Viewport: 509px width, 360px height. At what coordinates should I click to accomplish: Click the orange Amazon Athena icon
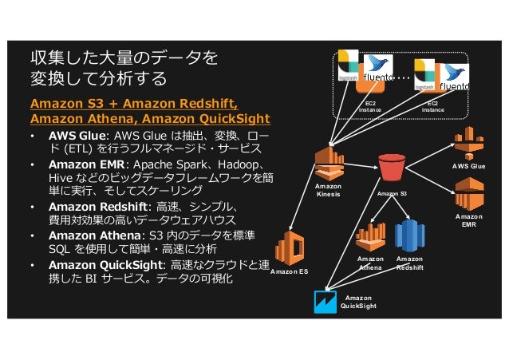(x=370, y=235)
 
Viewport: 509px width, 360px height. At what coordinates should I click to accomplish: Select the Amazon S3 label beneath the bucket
(x=392, y=194)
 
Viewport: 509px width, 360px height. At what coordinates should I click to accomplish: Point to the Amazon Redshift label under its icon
(x=410, y=263)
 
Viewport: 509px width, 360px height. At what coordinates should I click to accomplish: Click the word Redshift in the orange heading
(x=205, y=103)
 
